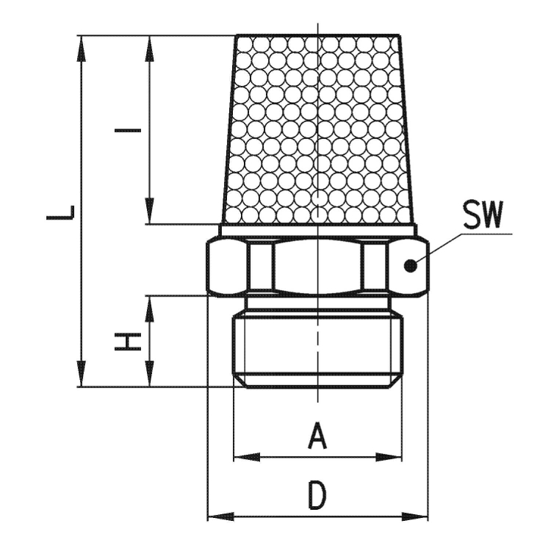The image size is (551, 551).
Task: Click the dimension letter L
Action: (60, 213)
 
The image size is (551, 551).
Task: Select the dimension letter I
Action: (128, 130)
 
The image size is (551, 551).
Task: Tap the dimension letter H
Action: (128, 342)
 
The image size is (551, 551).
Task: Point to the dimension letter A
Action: (317, 436)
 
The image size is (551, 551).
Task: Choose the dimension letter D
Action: (317, 496)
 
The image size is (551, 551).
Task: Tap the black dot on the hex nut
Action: (410, 266)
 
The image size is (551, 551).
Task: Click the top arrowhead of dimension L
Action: (82, 48)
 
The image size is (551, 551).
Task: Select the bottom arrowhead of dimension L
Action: (82, 373)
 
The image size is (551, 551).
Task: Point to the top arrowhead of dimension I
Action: (150, 48)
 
